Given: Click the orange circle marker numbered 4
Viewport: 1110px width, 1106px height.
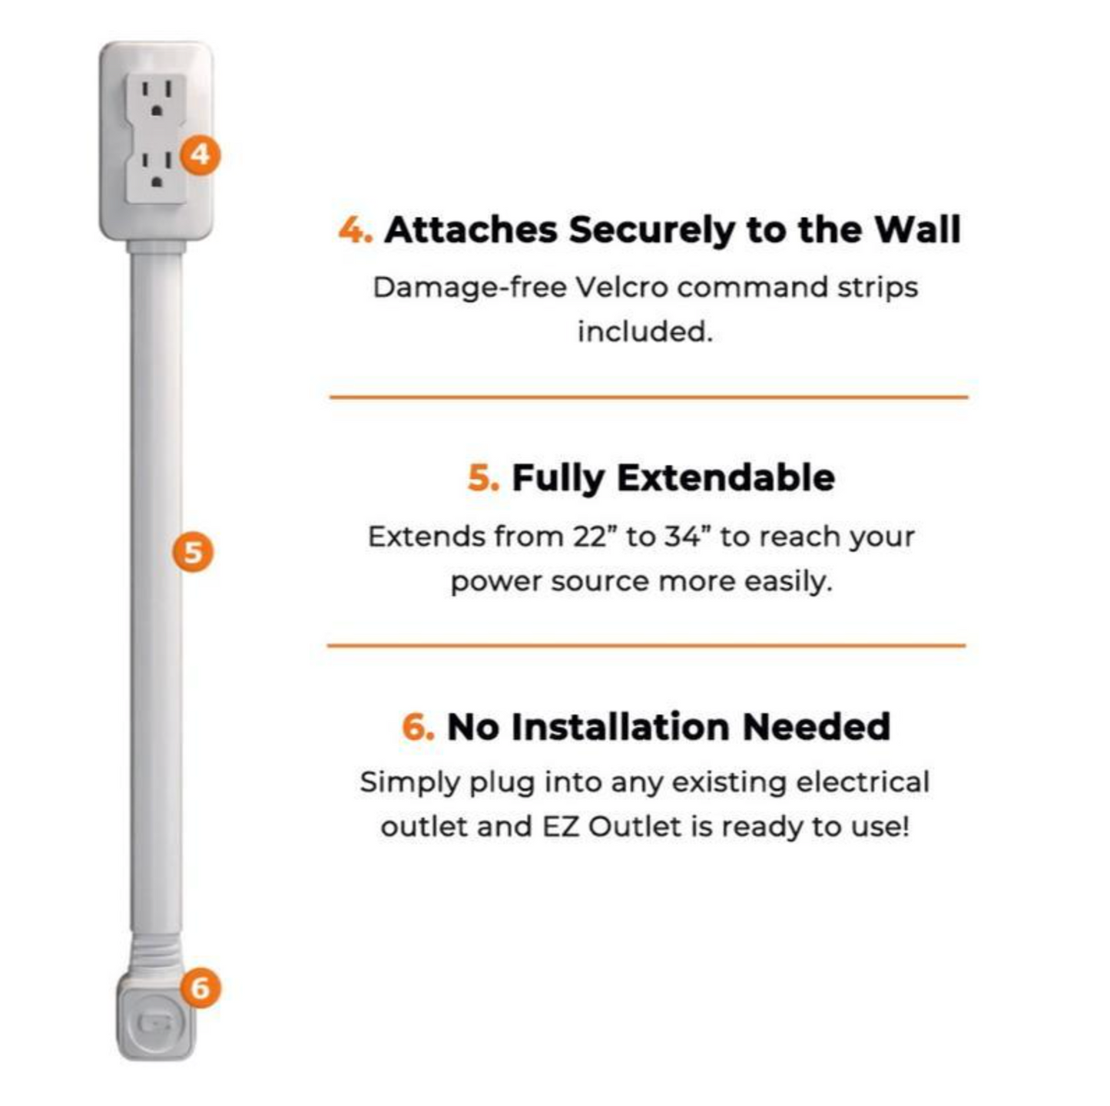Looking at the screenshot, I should click(x=200, y=155).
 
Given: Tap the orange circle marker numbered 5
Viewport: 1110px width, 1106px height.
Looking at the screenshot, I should click(x=193, y=552).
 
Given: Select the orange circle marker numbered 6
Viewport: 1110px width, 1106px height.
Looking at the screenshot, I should click(x=200, y=987).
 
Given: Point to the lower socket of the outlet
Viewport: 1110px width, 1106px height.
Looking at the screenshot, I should click(x=157, y=170).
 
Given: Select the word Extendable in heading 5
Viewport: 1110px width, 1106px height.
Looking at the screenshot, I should click(x=726, y=477).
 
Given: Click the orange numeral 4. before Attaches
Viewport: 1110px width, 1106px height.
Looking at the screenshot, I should click(x=356, y=229).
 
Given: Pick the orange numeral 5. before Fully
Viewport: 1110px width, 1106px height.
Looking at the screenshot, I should click(x=483, y=477).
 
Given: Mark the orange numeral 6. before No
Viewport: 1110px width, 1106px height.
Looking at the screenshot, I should click(x=418, y=726).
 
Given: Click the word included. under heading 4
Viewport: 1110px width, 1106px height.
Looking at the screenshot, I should click(x=645, y=332).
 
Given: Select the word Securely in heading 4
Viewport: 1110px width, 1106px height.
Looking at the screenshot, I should click(x=651, y=229).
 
